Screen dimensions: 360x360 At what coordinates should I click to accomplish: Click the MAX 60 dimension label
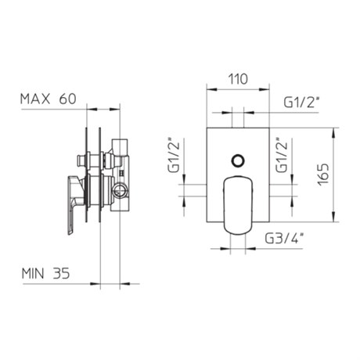49,99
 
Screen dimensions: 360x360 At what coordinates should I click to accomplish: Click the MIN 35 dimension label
46,274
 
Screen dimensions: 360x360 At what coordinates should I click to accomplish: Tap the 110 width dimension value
238,79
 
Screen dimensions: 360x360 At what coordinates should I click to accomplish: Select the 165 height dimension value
323,175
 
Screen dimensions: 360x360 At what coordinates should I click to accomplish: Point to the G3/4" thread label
284,238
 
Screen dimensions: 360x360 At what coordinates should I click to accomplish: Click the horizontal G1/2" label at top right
302,103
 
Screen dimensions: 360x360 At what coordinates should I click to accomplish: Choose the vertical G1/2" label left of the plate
174,155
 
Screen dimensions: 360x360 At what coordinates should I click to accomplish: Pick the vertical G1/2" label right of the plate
282,155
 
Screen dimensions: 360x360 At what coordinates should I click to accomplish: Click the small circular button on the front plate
238,160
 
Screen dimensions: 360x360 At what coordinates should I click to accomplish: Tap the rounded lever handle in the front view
238,205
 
